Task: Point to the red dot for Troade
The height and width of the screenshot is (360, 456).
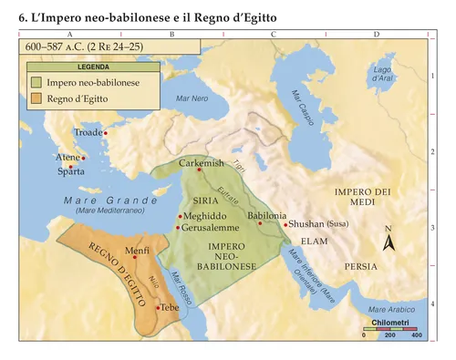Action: coord(106,133)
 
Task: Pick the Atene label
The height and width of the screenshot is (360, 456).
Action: coord(67,158)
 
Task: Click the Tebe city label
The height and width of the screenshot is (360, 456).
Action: coord(171,308)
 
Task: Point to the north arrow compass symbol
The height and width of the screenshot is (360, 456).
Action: coord(388,241)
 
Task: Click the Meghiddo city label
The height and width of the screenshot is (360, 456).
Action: coord(206,216)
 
